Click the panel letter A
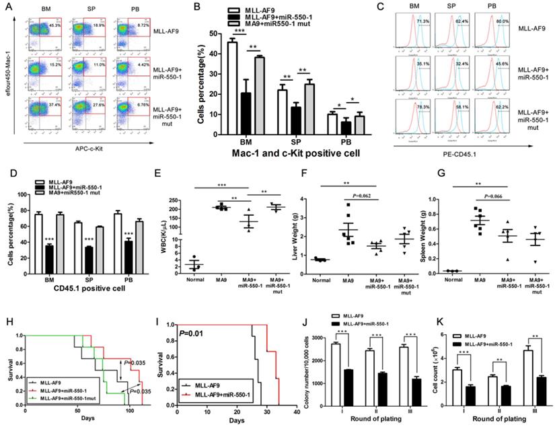coord(7,8)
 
